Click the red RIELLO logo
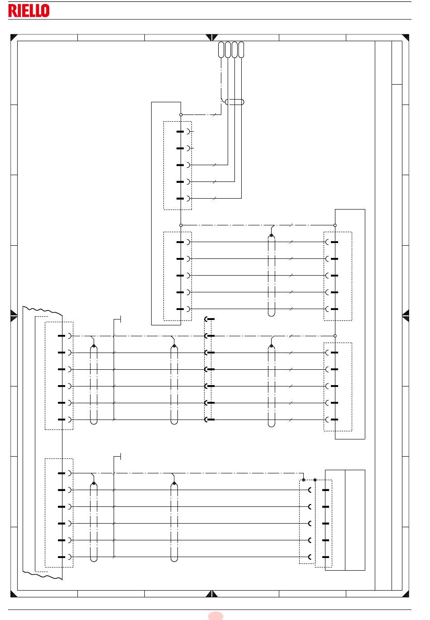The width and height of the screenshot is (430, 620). click(29, 11)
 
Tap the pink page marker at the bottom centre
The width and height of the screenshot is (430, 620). click(216, 615)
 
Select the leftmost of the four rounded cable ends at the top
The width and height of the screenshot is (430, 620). click(221, 49)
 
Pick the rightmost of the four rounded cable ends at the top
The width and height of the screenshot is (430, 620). click(241, 49)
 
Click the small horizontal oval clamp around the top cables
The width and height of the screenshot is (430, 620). click(234, 102)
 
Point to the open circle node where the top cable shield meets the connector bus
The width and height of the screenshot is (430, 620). click(181, 115)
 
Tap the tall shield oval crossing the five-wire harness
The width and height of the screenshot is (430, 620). click(271, 275)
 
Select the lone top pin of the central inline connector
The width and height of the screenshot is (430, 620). click(210, 319)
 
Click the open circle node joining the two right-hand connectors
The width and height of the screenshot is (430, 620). click(335, 336)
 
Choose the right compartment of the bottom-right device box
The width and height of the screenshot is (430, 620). click(355, 520)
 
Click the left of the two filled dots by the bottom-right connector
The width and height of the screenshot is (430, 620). click(304, 479)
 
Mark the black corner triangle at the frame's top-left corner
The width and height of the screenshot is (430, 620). click(13, 37)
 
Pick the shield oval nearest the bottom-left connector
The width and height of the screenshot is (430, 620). click(94, 523)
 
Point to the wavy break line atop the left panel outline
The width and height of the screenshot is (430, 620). click(42, 310)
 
